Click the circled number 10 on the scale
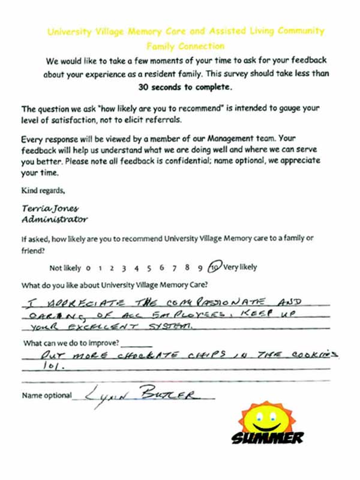(x=215, y=268)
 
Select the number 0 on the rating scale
(x=88, y=268)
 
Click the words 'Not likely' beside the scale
(x=64, y=268)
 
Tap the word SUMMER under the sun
(x=268, y=438)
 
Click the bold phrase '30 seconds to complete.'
(x=185, y=87)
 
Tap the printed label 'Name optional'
(x=46, y=396)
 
